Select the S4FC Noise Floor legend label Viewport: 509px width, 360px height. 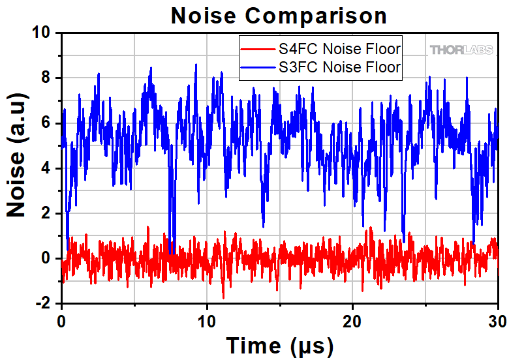(339, 48)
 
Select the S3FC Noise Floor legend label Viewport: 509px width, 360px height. (339, 67)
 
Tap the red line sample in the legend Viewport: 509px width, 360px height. (258, 48)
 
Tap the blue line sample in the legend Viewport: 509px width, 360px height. (258, 67)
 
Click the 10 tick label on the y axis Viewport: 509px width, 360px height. (43, 33)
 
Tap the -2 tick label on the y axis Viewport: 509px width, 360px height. (44, 303)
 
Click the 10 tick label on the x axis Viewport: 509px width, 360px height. (207, 321)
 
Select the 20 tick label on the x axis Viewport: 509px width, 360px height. (353, 321)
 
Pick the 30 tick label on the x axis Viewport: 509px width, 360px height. (497, 321)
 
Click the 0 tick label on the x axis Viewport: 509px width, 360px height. (61, 321)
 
